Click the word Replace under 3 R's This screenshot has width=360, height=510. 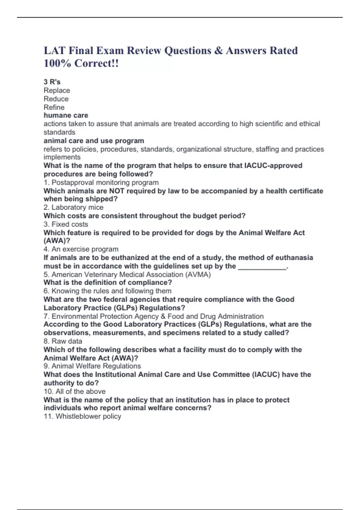57,90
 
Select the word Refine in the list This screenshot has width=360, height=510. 54,107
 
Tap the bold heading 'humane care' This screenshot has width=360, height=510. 66,115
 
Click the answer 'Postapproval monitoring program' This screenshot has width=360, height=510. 105,182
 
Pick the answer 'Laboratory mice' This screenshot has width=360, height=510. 77,207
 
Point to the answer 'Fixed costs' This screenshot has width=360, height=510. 70,224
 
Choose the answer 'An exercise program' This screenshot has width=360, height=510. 85,249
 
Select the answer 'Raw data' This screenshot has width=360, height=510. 67,341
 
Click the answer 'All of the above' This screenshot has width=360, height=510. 80,391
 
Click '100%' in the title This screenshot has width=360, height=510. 57,63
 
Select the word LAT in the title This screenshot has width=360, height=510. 54,50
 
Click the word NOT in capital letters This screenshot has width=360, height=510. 117,191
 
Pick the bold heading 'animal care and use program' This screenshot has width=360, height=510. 94,141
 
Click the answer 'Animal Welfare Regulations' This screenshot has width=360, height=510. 96,366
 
